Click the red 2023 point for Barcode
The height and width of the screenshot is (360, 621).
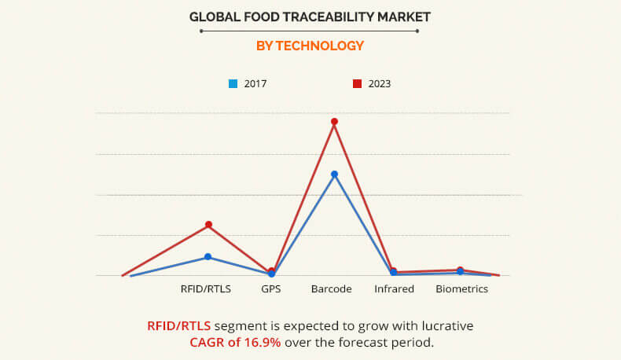(334, 122)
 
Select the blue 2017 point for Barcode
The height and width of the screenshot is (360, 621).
(334, 174)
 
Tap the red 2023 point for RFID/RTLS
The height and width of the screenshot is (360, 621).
(208, 225)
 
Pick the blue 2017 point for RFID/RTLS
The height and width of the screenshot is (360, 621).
(208, 257)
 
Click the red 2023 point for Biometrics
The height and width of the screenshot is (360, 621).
(460, 270)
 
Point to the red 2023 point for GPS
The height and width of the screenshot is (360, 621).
(271, 270)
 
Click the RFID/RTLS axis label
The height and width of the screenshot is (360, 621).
(206, 289)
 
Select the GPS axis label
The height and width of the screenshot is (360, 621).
(271, 289)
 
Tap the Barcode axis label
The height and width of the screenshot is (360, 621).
(331, 289)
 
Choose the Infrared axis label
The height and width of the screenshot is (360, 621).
(394, 289)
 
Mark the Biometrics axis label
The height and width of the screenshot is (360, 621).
(462, 289)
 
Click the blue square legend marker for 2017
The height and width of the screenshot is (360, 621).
(233, 83)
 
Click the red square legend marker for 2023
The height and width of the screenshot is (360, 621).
(356, 83)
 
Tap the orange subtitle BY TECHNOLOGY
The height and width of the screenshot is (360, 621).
(310, 46)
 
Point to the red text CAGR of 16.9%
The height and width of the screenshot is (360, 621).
(235, 343)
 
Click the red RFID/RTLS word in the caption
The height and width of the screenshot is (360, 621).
(178, 325)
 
